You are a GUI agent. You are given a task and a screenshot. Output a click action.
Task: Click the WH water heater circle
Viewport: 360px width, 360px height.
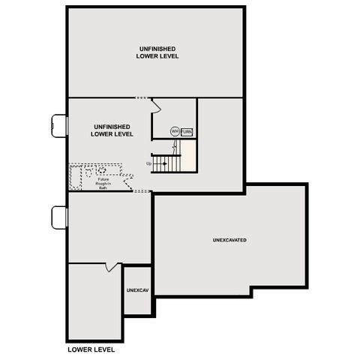pyautogui.click(x=175, y=131)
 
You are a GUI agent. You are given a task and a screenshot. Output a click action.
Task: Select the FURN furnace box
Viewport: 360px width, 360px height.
pyautogui.click(x=187, y=131)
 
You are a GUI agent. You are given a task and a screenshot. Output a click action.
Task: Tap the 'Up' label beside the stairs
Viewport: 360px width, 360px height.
pyautogui.click(x=149, y=163)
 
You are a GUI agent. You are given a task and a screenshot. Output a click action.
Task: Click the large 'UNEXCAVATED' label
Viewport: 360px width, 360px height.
pyautogui.click(x=229, y=240)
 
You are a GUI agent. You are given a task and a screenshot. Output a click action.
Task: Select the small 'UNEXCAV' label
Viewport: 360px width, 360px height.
pyautogui.click(x=137, y=289)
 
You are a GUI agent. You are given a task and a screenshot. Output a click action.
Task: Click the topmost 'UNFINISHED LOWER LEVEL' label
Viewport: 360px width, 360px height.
pyautogui.click(x=157, y=52)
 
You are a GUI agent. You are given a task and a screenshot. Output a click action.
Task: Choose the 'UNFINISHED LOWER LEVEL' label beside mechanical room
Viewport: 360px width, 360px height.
pyautogui.click(x=112, y=130)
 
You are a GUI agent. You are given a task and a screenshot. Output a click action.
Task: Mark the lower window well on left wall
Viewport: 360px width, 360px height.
pyautogui.click(x=60, y=217)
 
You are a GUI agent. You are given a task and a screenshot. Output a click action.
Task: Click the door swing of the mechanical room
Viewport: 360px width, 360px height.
pyautogui.click(x=156, y=106)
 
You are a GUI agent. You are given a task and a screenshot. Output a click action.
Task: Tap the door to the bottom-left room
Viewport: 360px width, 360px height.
pyautogui.click(x=112, y=266)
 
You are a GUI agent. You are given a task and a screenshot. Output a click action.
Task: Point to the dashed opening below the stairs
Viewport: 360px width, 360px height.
pyautogui.click(x=142, y=191)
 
